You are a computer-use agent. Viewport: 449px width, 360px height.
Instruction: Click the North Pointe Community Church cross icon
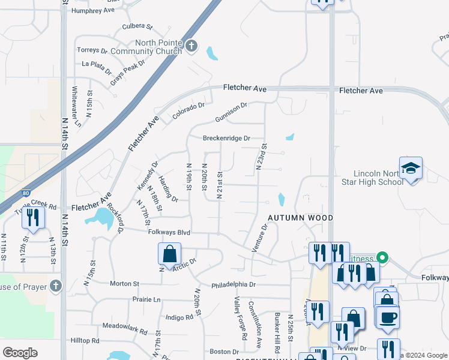pos(191,46)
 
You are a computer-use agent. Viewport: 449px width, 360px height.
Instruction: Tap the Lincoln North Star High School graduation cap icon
pos(411,168)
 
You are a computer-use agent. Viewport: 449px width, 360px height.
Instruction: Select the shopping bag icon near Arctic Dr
pos(169,253)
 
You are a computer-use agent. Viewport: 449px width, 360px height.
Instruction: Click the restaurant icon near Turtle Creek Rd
pos(33,217)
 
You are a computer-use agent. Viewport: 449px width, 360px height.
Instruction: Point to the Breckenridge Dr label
pos(226,138)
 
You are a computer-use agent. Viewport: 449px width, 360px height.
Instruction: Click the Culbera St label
pos(137,26)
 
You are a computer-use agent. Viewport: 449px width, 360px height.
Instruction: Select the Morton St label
pos(124,283)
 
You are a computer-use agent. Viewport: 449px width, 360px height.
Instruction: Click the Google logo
pos(20,353)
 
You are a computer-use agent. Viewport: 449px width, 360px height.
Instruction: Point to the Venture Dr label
pos(262,238)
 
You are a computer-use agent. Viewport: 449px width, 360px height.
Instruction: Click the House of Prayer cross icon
pos(55,286)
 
